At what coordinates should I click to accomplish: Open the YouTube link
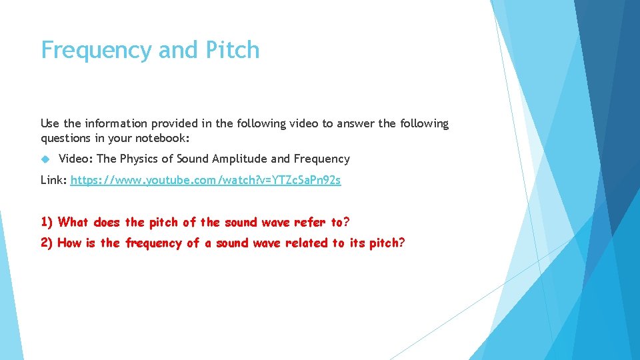(x=205, y=181)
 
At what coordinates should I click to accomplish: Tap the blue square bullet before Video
(x=45, y=159)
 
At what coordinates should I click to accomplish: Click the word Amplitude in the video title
(x=241, y=159)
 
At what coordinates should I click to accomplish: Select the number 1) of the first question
(x=47, y=222)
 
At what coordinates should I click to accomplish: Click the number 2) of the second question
(x=47, y=243)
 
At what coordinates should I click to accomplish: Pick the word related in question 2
(x=309, y=243)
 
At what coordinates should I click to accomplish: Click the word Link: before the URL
(x=54, y=181)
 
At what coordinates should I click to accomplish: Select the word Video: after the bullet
(x=76, y=159)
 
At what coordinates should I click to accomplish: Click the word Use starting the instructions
(x=50, y=123)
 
